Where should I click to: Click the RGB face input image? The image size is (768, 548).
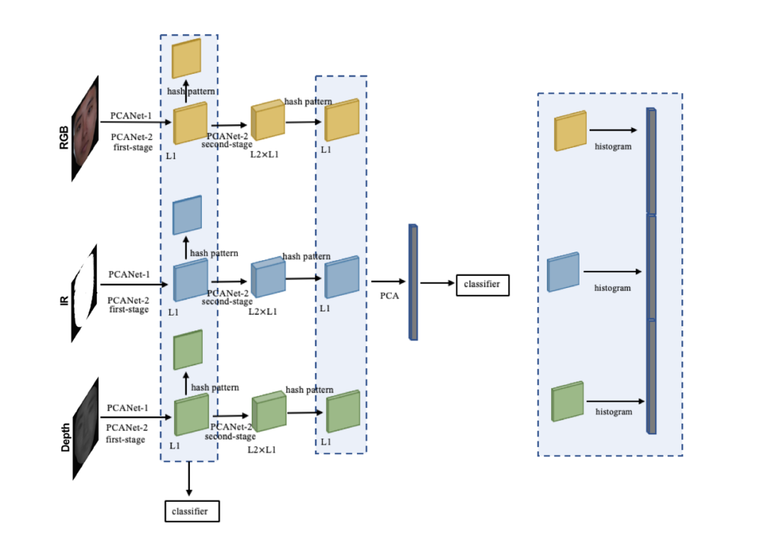pos(85,129)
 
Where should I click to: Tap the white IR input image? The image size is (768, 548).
pos(84,293)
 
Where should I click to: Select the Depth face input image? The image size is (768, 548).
pos(86,429)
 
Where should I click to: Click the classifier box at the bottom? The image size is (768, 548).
pos(192,511)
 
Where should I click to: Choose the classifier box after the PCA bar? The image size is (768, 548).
pos(482,285)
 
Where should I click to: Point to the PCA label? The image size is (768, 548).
pos(390,296)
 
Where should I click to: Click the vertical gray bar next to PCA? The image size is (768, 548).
pos(413,282)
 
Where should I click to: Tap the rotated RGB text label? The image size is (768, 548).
pos(64,138)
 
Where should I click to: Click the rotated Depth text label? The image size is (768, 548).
pos(65,437)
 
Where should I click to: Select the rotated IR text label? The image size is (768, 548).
pos(64,300)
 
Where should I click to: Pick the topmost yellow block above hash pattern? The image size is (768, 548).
pos(186,58)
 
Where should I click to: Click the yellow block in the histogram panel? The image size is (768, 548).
pos(570,131)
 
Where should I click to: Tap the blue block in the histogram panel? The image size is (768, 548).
pos(563,272)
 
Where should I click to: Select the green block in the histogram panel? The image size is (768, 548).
pos(567,401)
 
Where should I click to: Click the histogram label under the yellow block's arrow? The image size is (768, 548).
pos(613,146)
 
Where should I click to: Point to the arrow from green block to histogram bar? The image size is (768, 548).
pos(616,402)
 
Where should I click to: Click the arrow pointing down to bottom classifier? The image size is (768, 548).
pos(189,478)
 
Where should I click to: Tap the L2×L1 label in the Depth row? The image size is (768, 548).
pos(262,450)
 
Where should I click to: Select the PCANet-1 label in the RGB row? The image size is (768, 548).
pos(131,116)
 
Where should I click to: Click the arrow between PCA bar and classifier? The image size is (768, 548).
pos(437,283)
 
